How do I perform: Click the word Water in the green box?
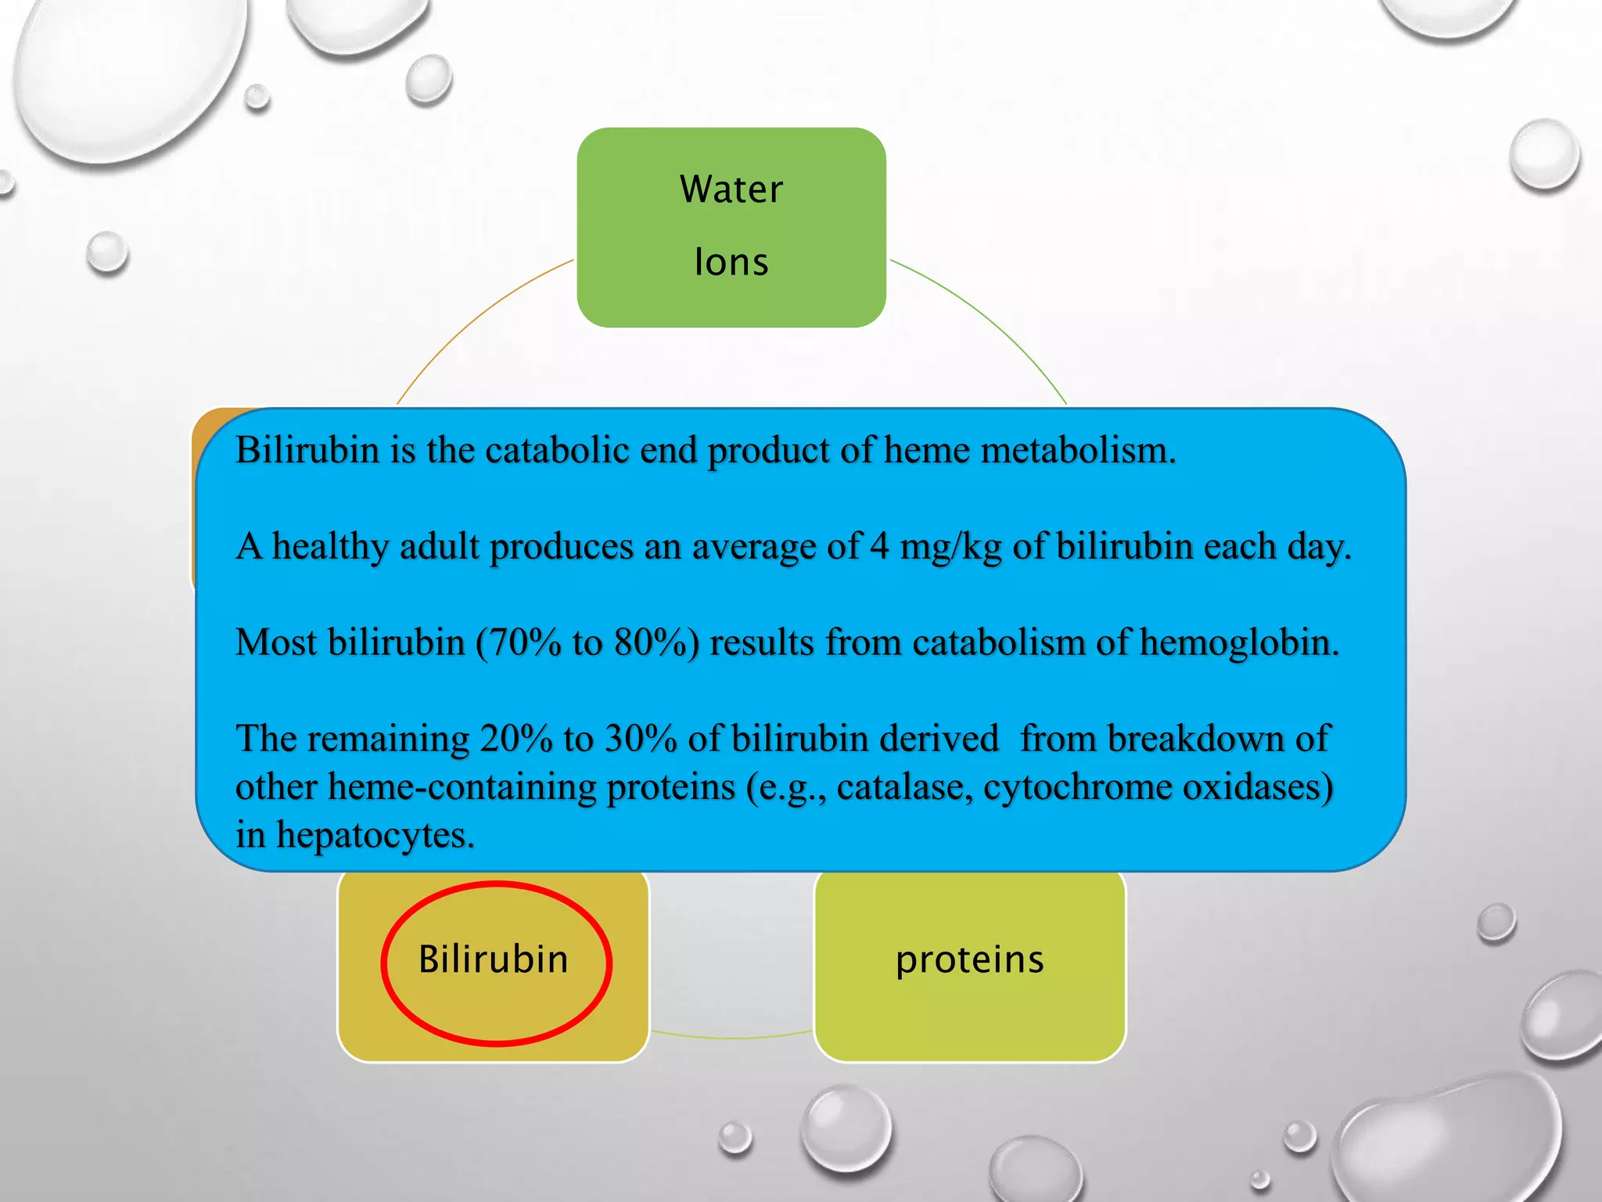(x=731, y=189)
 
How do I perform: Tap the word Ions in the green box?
(x=731, y=262)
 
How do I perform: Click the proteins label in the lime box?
(x=969, y=960)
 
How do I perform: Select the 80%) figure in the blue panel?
(x=656, y=642)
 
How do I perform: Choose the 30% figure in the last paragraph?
(x=641, y=739)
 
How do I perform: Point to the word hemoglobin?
(x=1238, y=642)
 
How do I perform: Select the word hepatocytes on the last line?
(x=375, y=836)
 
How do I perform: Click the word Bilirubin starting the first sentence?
(x=307, y=450)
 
